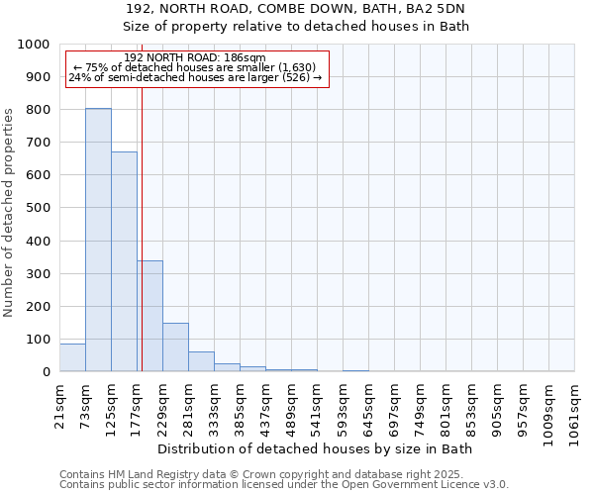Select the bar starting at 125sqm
(124, 261)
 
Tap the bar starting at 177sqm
(149, 316)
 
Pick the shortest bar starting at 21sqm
(72, 357)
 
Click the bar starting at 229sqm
(175, 347)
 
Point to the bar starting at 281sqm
(201, 361)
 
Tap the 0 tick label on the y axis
(46, 372)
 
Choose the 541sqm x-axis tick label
(317, 404)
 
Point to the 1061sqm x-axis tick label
(574, 408)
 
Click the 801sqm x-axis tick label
(445, 404)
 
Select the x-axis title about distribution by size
(316, 449)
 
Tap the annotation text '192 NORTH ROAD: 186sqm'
(195, 57)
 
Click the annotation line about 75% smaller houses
(195, 67)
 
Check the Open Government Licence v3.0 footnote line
(284, 485)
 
